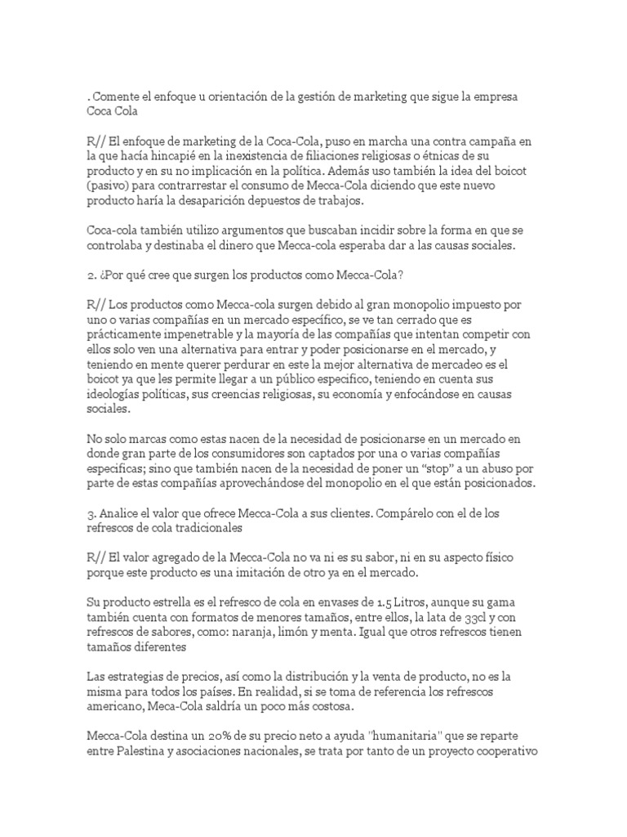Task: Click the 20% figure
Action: click(x=223, y=735)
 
